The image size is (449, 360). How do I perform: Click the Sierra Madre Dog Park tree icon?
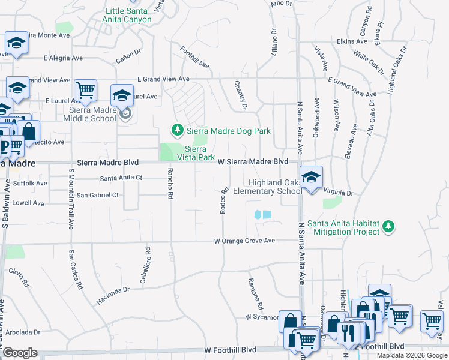pyautogui.click(x=177, y=130)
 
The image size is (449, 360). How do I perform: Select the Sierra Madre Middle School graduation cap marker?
pyautogui.click(x=122, y=95)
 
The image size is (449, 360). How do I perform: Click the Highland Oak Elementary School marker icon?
pyautogui.click(x=311, y=178)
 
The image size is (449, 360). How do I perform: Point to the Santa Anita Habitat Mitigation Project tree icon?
pyautogui.click(x=389, y=226)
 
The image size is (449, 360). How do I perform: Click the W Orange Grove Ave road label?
pyautogui.click(x=245, y=241)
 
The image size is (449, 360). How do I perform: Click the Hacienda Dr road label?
pyautogui.click(x=113, y=293)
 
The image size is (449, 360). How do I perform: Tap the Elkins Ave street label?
pyautogui.click(x=352, y=41)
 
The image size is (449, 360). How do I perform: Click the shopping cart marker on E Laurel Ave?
pyautogui.click(x=86, y=91)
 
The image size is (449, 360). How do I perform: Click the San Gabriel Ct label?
pyautogui.click(x=97, y=195)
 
